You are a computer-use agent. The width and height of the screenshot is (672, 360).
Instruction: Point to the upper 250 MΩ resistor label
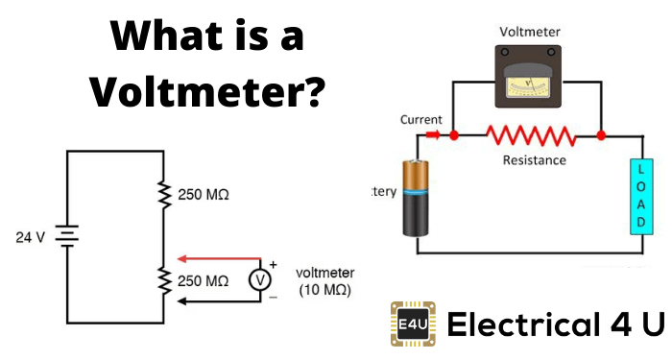(204, 194)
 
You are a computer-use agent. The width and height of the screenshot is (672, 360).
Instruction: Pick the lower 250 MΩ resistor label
(204, 280)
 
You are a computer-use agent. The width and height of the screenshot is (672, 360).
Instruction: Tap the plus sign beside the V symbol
(273, 263)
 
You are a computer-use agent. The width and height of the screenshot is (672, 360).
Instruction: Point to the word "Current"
(421, 120)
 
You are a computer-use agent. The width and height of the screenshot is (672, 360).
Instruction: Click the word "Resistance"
(534, 159)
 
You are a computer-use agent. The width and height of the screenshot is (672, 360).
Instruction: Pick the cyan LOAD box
(636, 197)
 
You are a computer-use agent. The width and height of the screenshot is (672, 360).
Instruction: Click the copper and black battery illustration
(419, 199)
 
